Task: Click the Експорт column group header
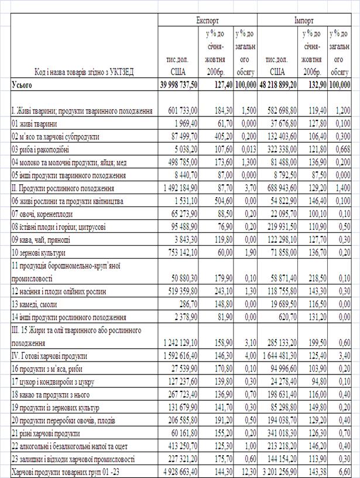click(x=208, y=19)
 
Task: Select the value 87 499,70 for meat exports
click(x=181, y=136)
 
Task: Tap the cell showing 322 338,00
click(x=281, y=149)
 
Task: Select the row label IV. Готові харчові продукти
click(x=49, y=355)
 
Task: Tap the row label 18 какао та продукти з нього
click(x=57, y=394)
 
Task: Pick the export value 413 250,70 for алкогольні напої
click(x=180, y=446)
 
